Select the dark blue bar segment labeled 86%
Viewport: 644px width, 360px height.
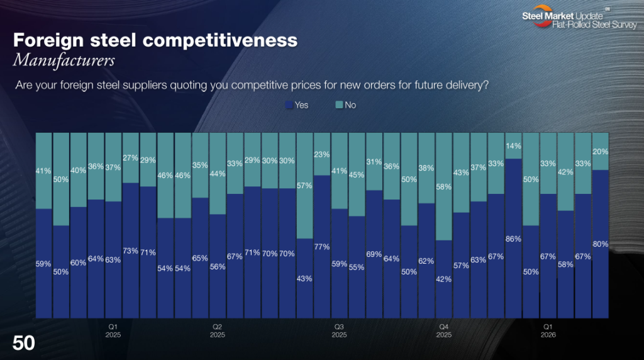click(513, 239)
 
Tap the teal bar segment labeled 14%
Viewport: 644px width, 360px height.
click(513, 145)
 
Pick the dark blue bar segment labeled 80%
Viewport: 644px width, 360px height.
click(600, 244)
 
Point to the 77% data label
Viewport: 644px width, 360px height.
click(322, 247)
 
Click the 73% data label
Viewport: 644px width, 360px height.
click(130, 250)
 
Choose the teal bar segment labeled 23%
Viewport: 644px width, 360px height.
click(322, 154)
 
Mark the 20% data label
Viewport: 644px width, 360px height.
click(600, 152)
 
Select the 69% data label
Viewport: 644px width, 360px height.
click(374, 254)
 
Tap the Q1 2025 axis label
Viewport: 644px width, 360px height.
click(113, 330)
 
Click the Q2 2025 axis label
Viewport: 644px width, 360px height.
click(218, 330)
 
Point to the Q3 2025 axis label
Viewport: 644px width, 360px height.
click(339, 330)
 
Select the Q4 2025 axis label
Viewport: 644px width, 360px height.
click(443, 330)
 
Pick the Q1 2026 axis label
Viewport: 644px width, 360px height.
click(548, 330)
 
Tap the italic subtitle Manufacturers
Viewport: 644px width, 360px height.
click(64, 61)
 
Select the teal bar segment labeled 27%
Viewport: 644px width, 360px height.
click(130, 158)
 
